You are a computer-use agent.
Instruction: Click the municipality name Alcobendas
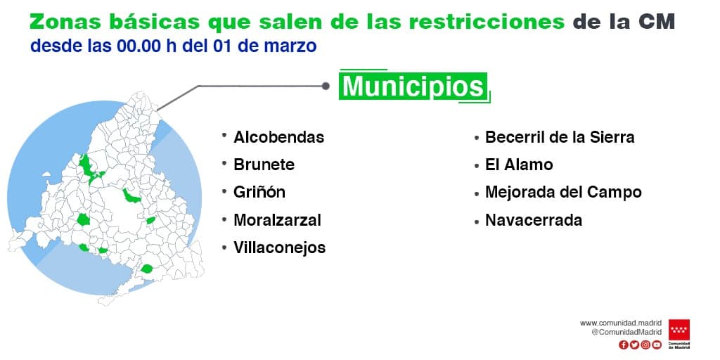(278, 137)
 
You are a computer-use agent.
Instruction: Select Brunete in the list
(264, 165)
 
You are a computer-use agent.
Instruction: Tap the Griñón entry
(259, 192)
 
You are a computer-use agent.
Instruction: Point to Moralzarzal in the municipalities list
(277, 220)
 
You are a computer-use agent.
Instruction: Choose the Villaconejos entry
(280, 247)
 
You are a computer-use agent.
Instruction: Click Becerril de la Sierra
(560, 137)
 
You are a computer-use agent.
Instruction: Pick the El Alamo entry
(519, 165)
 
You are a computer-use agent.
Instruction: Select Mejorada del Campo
(563, 192)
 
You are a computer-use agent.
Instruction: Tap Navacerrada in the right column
(534, 220)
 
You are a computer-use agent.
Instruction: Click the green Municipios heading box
(413, 85)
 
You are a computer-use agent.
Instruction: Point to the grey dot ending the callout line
(326, 86)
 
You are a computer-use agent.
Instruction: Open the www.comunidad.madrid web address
(621, 323)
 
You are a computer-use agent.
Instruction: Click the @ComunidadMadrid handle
(626, 332)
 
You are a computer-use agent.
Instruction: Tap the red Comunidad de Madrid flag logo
(679, 330)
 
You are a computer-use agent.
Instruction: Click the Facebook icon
(624, 345)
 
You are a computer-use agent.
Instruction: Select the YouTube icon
(657, 345)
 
